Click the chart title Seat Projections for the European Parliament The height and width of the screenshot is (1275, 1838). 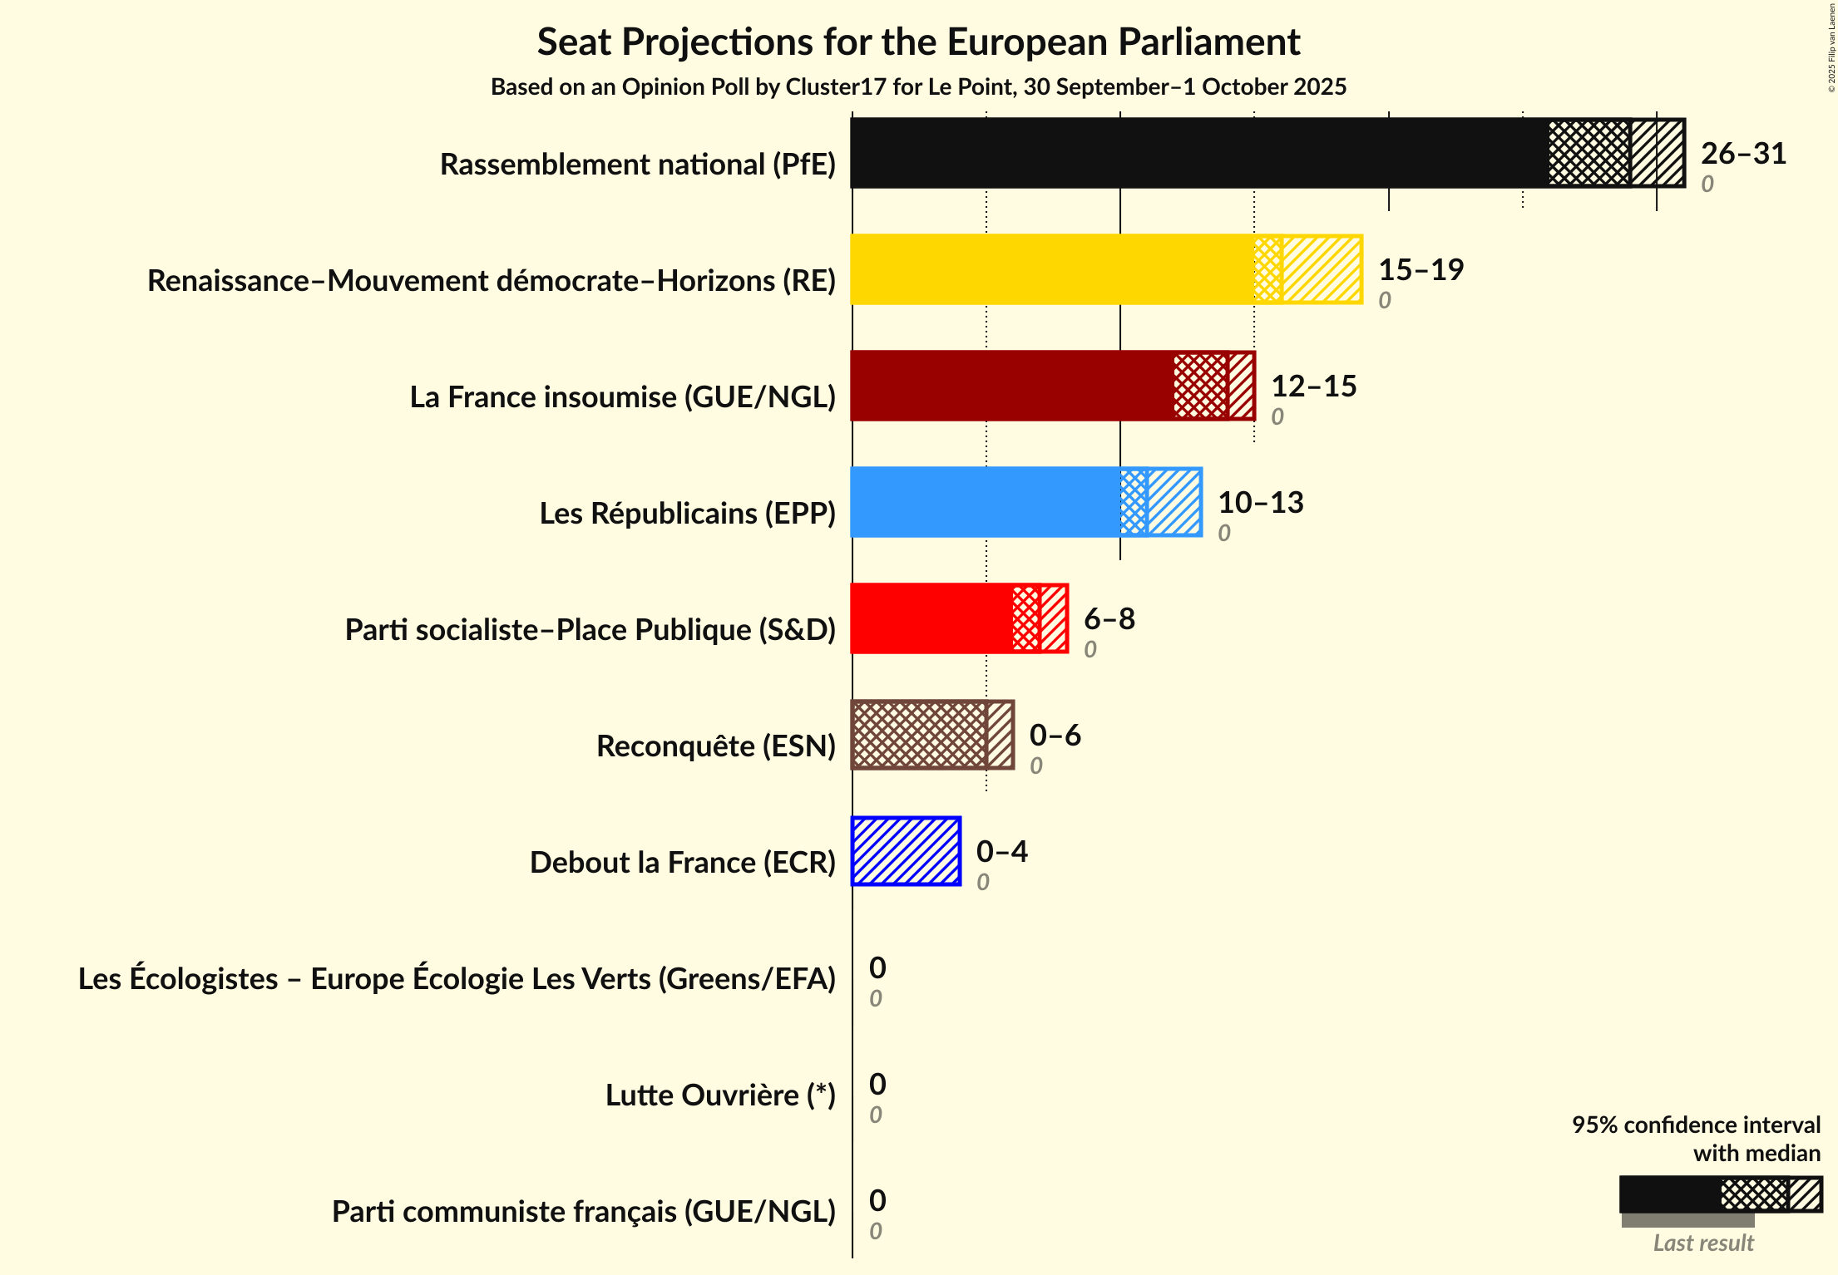(918, 42)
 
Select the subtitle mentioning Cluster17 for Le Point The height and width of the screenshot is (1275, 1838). (918, 87)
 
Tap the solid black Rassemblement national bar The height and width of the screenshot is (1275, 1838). (1198, 153)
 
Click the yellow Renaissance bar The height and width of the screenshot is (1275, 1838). (1052, 269)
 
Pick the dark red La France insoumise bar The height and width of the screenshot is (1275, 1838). (1011, 386)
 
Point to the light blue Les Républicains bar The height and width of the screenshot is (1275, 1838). (986, 502)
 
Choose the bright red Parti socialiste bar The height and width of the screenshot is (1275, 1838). (931, 618)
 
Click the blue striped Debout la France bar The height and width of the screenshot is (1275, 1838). (906, 851)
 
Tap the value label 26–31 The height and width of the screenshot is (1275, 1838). (1743, 154)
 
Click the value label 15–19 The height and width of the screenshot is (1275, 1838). (1420, 270)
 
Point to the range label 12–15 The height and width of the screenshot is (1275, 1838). (1313, 386)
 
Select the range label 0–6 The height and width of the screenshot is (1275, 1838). (1055, 736)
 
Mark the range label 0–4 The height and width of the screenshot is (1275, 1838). (1001, 852)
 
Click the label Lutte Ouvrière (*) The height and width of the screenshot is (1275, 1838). (719, 1095)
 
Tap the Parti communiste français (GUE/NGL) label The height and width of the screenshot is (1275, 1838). (583, 1212)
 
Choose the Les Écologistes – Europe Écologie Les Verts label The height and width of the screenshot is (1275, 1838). (457, 979)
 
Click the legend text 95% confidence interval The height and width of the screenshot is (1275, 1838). (1695, 1125)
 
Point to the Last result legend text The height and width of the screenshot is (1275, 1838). (1702, 1243)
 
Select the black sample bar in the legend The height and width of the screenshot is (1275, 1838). (1670, 1194)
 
